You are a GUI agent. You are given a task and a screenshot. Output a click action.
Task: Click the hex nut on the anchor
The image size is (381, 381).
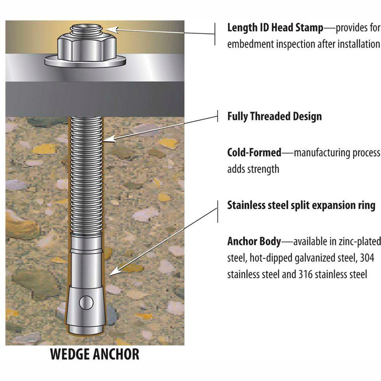[86, 48]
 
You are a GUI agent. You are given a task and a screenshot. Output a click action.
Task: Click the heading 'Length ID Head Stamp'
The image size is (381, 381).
[275, 27]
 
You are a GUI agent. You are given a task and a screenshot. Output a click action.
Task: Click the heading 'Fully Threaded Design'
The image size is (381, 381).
[274, 116]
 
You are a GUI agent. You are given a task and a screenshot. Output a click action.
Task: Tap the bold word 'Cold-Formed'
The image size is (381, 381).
[254, 153]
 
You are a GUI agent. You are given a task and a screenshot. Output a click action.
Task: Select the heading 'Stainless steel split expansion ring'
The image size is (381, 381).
[301, 205]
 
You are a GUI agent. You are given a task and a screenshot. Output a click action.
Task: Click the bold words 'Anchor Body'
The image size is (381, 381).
[254, 241]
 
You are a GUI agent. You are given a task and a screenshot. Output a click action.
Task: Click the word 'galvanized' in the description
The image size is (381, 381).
[315, 258]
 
